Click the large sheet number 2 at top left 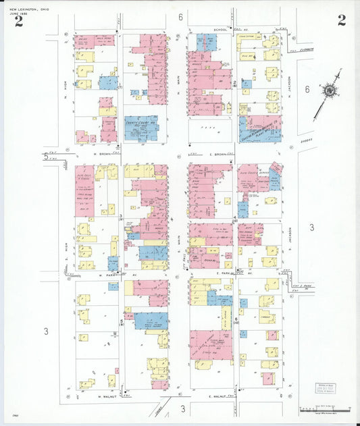(18, 20)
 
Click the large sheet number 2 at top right (342, 20)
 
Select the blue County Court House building (141, 128)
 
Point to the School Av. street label (222, 30)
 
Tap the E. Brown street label (217, 154)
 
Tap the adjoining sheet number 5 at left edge (46, 157)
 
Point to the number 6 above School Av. (181, 16)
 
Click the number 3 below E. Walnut (182, 408)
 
